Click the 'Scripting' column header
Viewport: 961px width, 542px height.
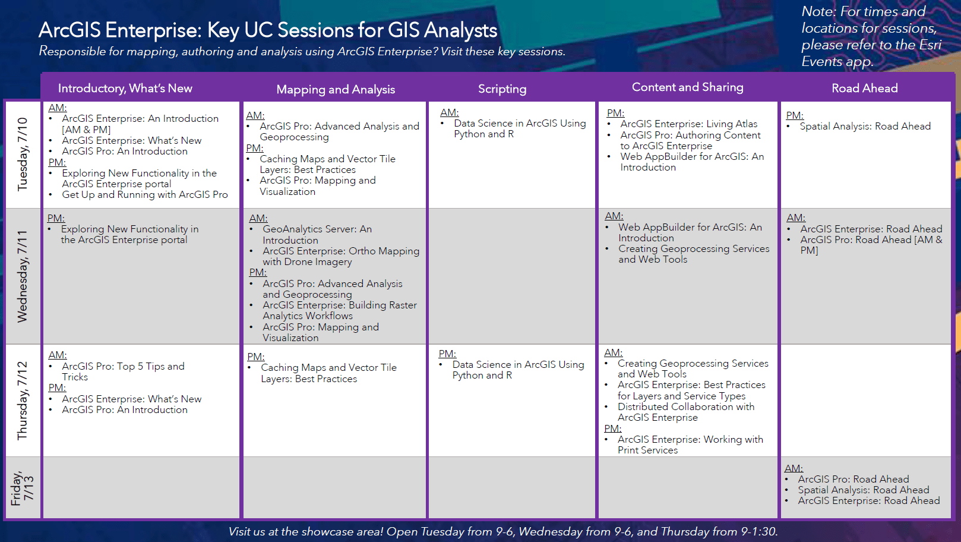coord(502,89)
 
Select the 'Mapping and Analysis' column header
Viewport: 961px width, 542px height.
coord(336,90)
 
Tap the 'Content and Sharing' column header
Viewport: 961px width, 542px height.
coord(687,87)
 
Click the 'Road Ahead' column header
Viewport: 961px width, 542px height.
coord(864,89)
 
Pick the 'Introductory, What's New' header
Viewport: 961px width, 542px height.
coord(125,89)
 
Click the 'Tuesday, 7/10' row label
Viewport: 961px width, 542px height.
coord(23,154)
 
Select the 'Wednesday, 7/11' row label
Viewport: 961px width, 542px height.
coord(23,276)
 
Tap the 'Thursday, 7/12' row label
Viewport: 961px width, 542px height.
coord(23,401)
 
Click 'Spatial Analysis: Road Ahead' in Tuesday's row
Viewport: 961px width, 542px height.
coord(865,127)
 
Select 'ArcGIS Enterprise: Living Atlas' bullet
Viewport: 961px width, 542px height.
coord(688,124)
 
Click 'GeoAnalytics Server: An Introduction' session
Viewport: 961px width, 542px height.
coord(317,235)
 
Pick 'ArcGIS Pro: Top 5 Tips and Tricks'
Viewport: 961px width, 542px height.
coord(123,371)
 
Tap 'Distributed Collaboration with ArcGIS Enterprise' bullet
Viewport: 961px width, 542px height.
coord(685,412)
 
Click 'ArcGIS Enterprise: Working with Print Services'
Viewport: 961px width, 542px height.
coord(690,445)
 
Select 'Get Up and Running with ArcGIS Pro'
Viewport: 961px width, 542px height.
coord(144,195)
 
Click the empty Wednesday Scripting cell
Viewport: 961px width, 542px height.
coord(511,276)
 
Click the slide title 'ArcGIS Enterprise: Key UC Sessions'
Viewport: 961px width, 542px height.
coord(267,30)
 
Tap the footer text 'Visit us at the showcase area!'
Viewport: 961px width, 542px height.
coord(306,531)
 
